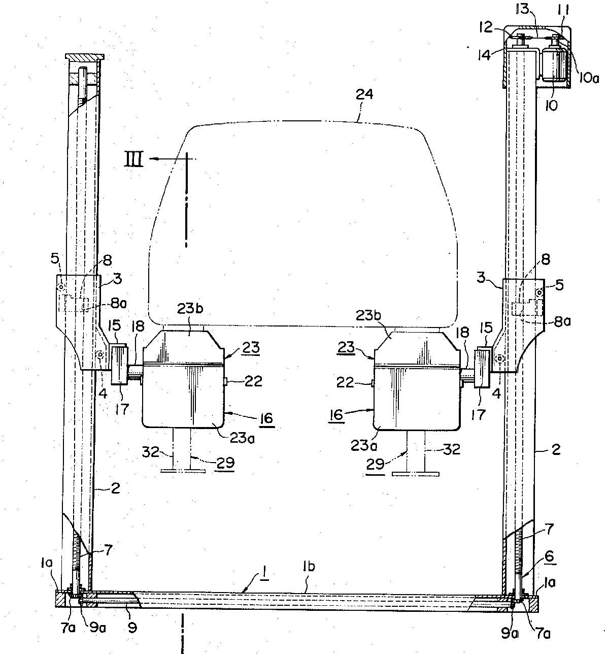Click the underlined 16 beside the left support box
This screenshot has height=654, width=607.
266,418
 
